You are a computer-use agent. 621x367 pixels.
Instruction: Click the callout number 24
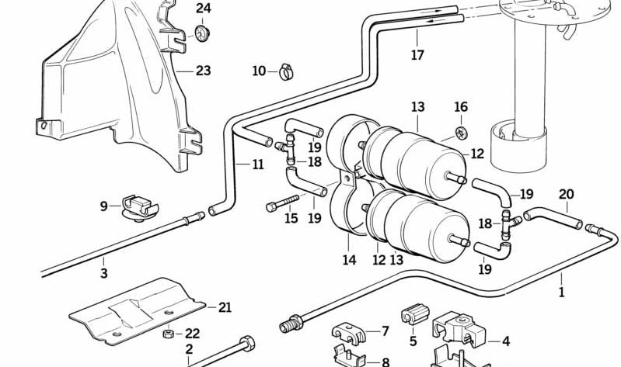203,9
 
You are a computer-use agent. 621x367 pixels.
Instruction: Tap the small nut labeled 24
204,33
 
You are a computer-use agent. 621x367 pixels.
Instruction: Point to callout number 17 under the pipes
417,55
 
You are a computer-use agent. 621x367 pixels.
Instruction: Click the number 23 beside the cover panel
203,71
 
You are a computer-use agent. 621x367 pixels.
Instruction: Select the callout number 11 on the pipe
257,164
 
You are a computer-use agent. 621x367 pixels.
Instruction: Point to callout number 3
103,272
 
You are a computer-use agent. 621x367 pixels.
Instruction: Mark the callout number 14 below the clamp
349,261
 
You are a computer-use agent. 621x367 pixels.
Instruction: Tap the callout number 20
565,195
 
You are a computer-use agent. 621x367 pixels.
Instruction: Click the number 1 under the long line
562,293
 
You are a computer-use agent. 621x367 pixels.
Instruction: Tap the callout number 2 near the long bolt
189,350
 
